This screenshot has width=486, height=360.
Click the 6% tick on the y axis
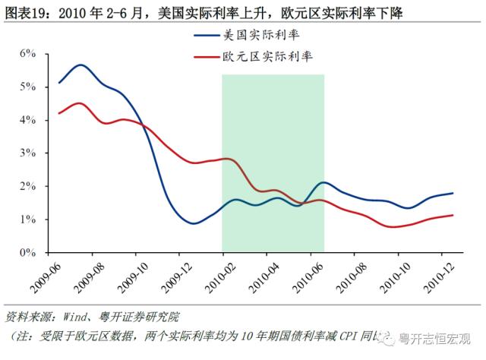(x=28, y=53)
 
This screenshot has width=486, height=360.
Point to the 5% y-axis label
(x=28, y=87)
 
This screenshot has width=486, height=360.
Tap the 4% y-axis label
(x=28, y=120)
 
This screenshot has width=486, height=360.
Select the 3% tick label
(x=28, y=153)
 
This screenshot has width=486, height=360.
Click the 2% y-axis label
(x=28, y=186)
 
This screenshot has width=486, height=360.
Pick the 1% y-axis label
(x=28, y=219)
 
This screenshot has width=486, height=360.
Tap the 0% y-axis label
(x=28, y=252)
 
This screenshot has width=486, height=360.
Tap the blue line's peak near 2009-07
(x=80, y=65)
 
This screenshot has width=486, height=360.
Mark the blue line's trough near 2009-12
(x=192, y=223)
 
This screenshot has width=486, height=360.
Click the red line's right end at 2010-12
(x=453, y=215)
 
